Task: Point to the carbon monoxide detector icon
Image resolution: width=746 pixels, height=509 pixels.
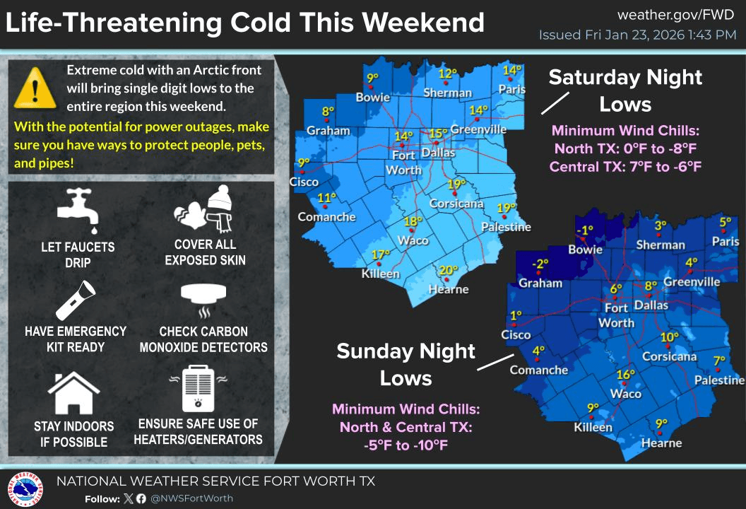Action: [x=203, y=300]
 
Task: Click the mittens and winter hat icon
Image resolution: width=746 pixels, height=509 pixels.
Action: [x=205, y=209]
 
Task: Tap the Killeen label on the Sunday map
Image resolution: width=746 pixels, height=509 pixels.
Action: [x=593, y=427]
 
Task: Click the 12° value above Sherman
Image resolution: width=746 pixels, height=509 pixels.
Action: [x=446, y=74]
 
